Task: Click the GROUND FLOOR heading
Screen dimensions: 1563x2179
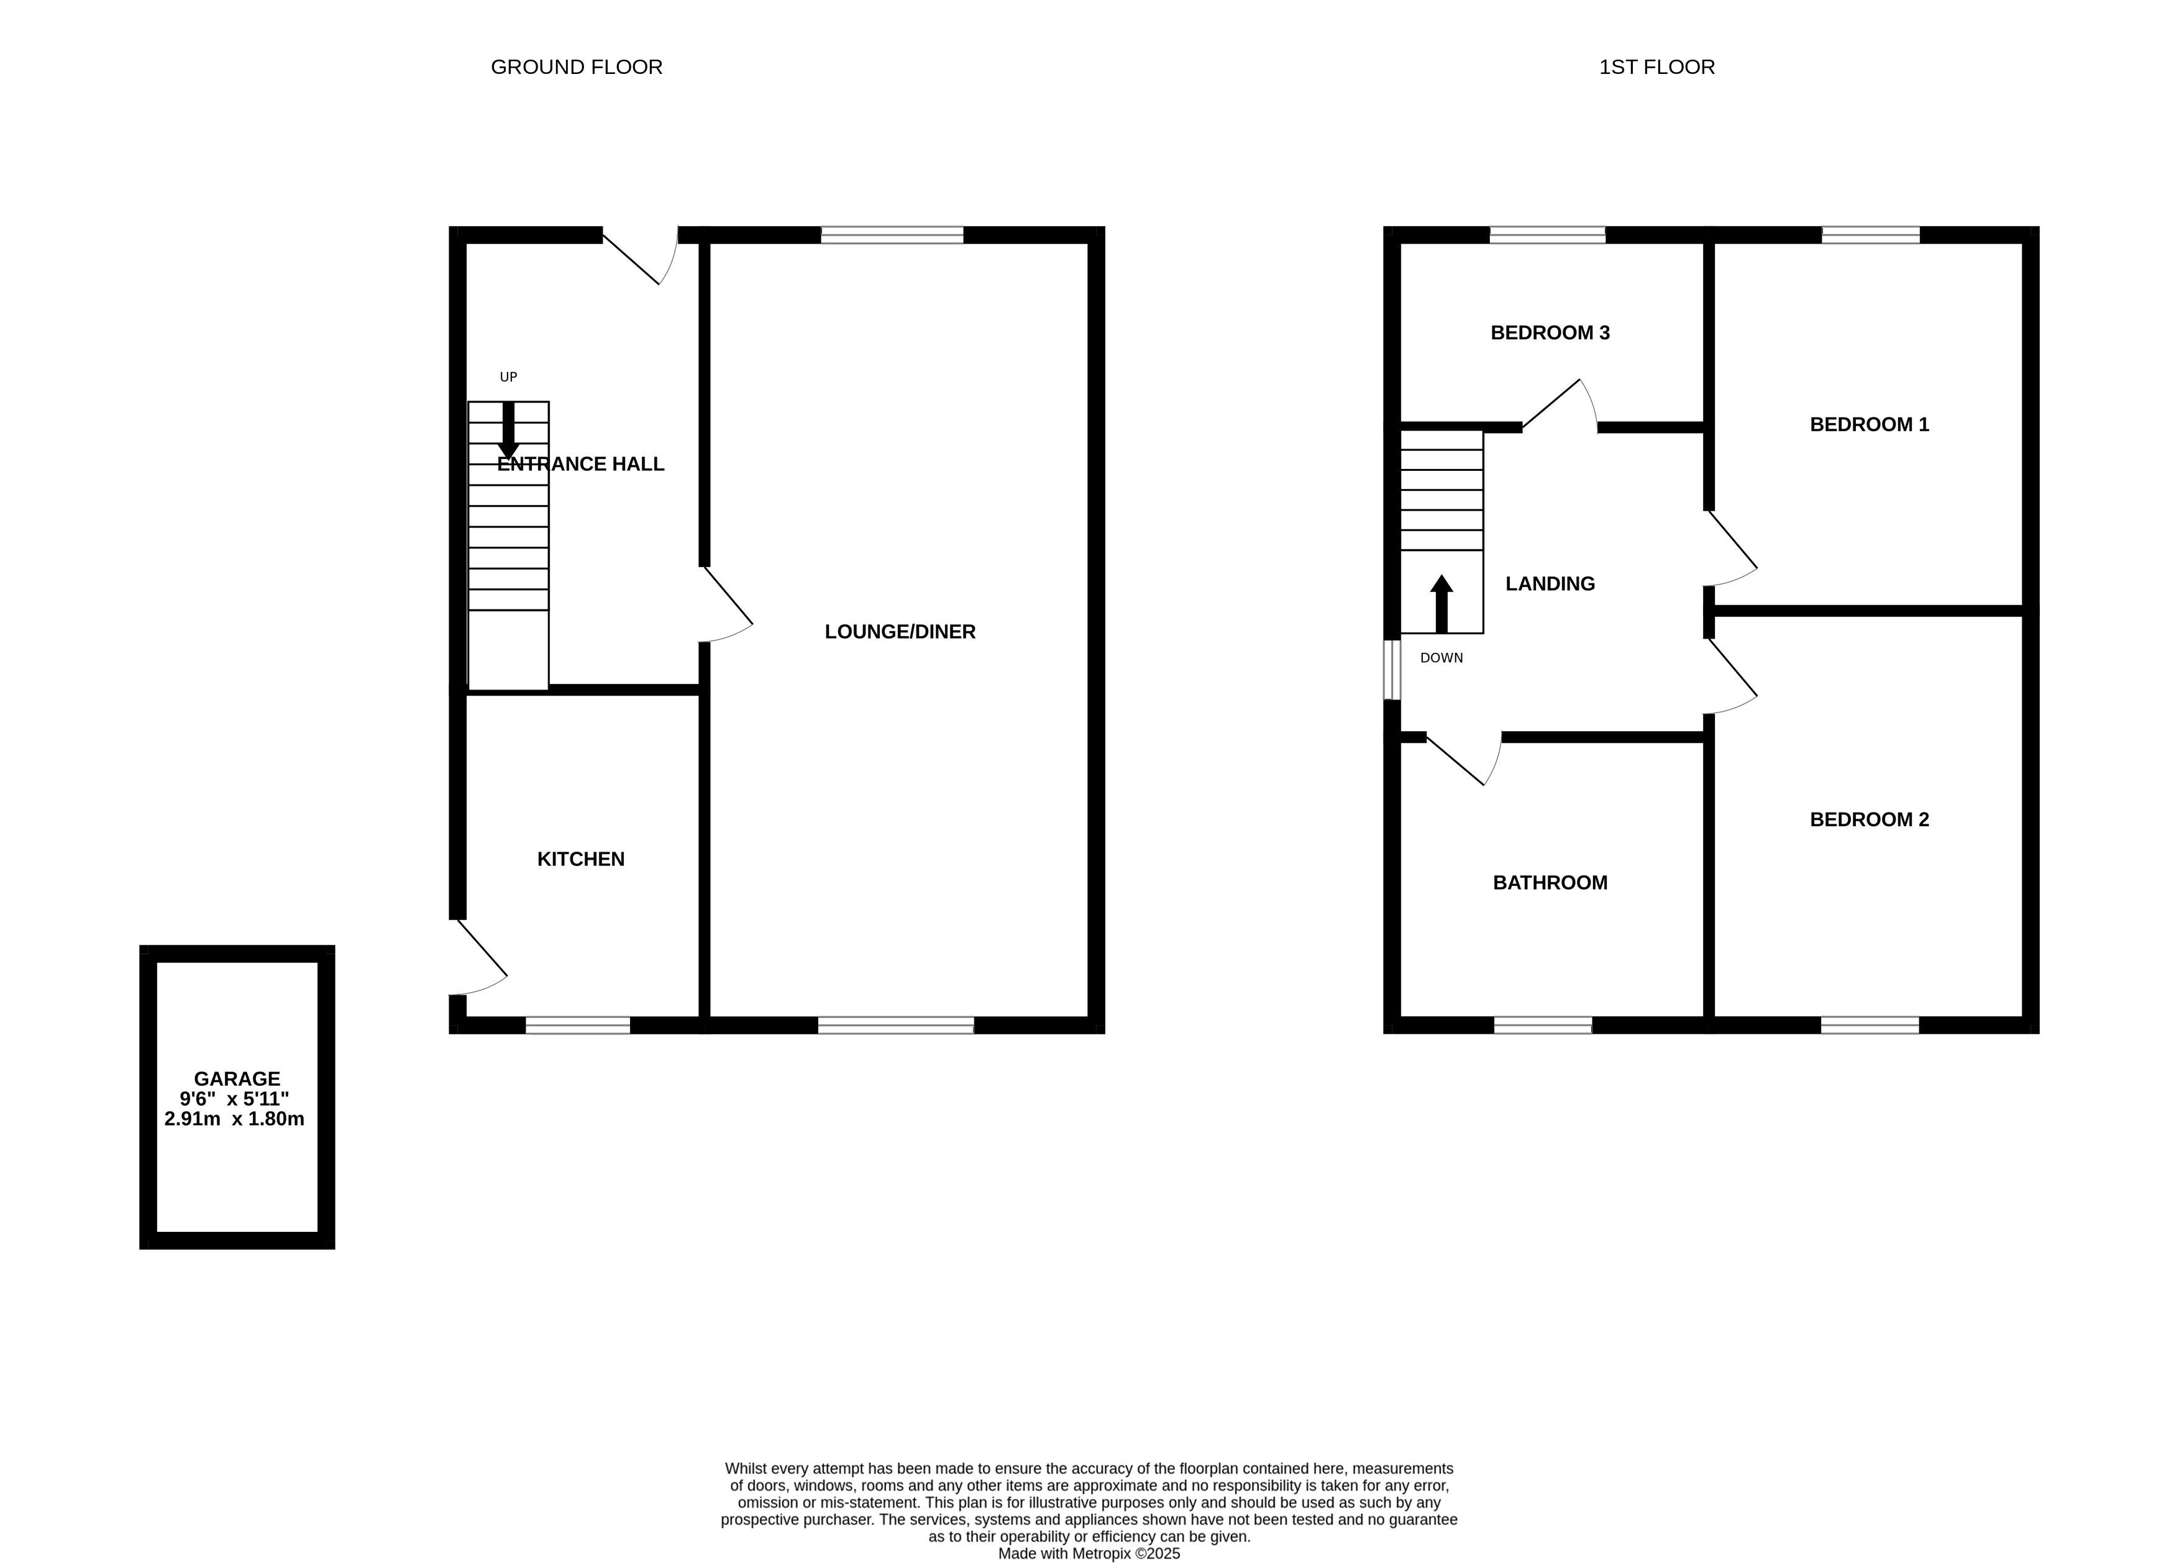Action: coord(577,67)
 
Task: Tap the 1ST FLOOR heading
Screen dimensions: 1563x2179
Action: coord(1656,67)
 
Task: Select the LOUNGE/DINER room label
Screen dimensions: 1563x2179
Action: coord(900,632)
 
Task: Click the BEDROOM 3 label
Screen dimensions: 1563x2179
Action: coord(1550,334)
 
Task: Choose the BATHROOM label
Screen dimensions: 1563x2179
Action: coord(1550,883)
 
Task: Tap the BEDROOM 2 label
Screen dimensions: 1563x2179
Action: coord(1869,819)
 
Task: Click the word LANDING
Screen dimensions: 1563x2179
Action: coord(1550,584)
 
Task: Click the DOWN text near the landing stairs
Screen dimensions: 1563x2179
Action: coord(1441,658)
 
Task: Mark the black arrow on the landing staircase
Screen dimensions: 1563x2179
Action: coord(1441,603)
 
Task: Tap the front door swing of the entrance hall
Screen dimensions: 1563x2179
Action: coord(644,260)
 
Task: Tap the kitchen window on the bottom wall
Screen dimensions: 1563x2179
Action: coord(577,1025)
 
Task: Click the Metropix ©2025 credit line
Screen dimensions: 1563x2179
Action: coord(1089,1554)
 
